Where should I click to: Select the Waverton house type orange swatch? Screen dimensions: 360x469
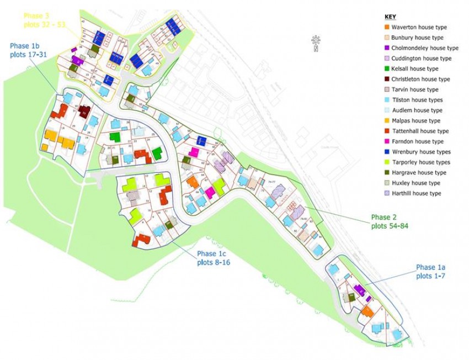pyautogui.click(x=386, y=27)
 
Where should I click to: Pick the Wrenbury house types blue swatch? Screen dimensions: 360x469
pyautogui.click(x=386, y=152)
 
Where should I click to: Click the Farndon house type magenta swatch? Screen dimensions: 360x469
pyautogui.click(x=386, y=141)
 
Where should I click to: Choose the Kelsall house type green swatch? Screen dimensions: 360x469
pyautogui.click(x=386, y=68)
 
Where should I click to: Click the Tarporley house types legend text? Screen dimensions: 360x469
pyautogui.click(x=421, y=162)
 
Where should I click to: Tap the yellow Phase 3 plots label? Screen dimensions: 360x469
pyautogui.click(x=44, y=21)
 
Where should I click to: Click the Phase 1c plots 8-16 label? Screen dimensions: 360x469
pyautogui.click(x=214, y=258)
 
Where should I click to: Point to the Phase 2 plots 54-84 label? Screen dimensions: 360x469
pyautogui.click(x=390, y=221)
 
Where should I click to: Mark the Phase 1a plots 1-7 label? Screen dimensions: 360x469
pyautogui.click(x=431, y=272)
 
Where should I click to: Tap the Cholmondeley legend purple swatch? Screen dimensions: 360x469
pyautogui.click(x=386, y=48)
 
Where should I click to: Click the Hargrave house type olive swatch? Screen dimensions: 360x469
pyautogui.click(x=386, y=173)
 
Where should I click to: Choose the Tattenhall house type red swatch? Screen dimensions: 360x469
pyautogui.click(x=386, y=131)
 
